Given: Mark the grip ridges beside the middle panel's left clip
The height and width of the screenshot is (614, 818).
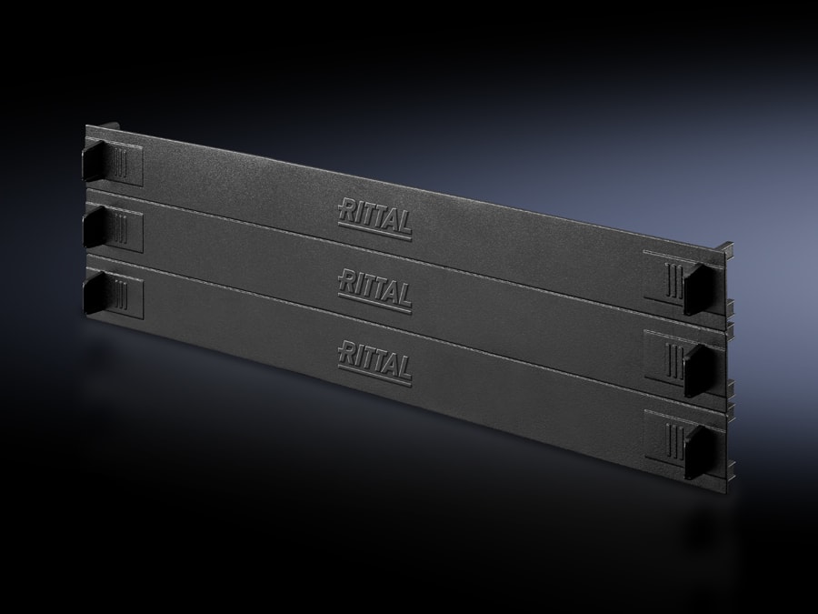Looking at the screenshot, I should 122,229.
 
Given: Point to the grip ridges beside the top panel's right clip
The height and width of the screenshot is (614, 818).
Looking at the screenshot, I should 671,278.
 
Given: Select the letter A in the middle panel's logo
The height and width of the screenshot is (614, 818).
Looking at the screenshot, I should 389,292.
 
